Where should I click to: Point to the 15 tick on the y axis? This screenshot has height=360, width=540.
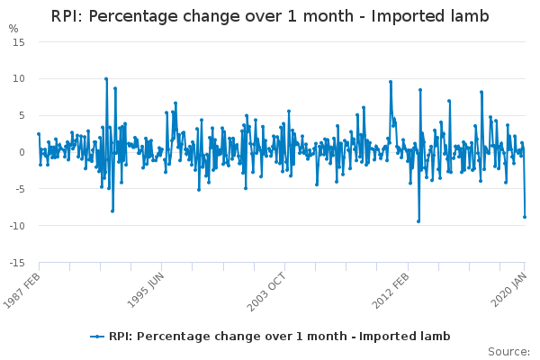point(18,42)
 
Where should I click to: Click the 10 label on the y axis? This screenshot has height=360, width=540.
point(18,79)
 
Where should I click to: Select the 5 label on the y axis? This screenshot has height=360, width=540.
point(21,116)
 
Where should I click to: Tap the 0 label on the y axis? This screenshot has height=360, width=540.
point(21,153)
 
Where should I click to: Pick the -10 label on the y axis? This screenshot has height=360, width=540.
point(16,227)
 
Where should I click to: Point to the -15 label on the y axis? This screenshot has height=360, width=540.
point(16,264)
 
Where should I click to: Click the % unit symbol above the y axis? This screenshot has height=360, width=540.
point(13,29)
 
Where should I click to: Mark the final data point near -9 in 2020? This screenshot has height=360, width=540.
point(525,217)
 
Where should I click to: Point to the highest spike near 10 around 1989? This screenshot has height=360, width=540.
point(105,79)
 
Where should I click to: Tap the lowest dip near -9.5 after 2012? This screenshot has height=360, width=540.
point(418,221)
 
